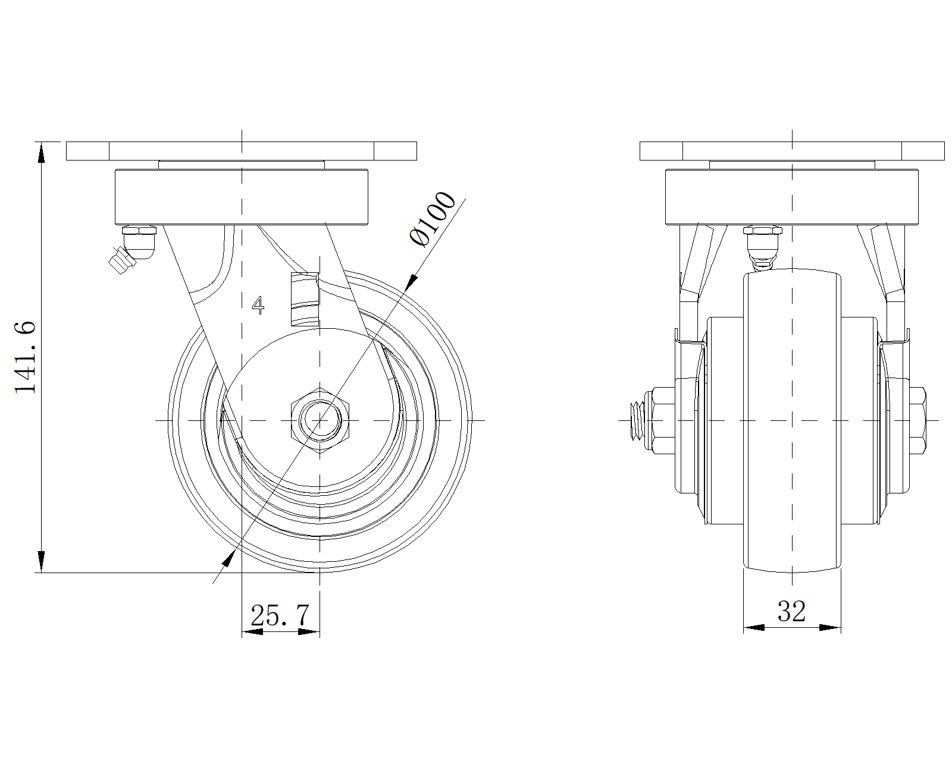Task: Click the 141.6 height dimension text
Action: coord(25,357)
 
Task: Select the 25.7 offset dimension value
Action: coord(280,615)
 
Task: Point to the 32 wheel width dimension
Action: coord(791,611)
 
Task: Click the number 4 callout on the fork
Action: coord(258,304)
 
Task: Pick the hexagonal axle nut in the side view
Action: coord(321,420)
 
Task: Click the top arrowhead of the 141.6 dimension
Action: coord(41,152)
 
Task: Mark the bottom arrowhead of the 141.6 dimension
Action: coord(41,562)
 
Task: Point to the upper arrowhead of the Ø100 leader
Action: coord(410,281)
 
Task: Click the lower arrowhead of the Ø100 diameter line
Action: coord(227,558)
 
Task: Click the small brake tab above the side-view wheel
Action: coord(305,300)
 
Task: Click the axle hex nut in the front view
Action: coord(662,420)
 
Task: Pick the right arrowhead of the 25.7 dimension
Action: coord(309,631)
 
